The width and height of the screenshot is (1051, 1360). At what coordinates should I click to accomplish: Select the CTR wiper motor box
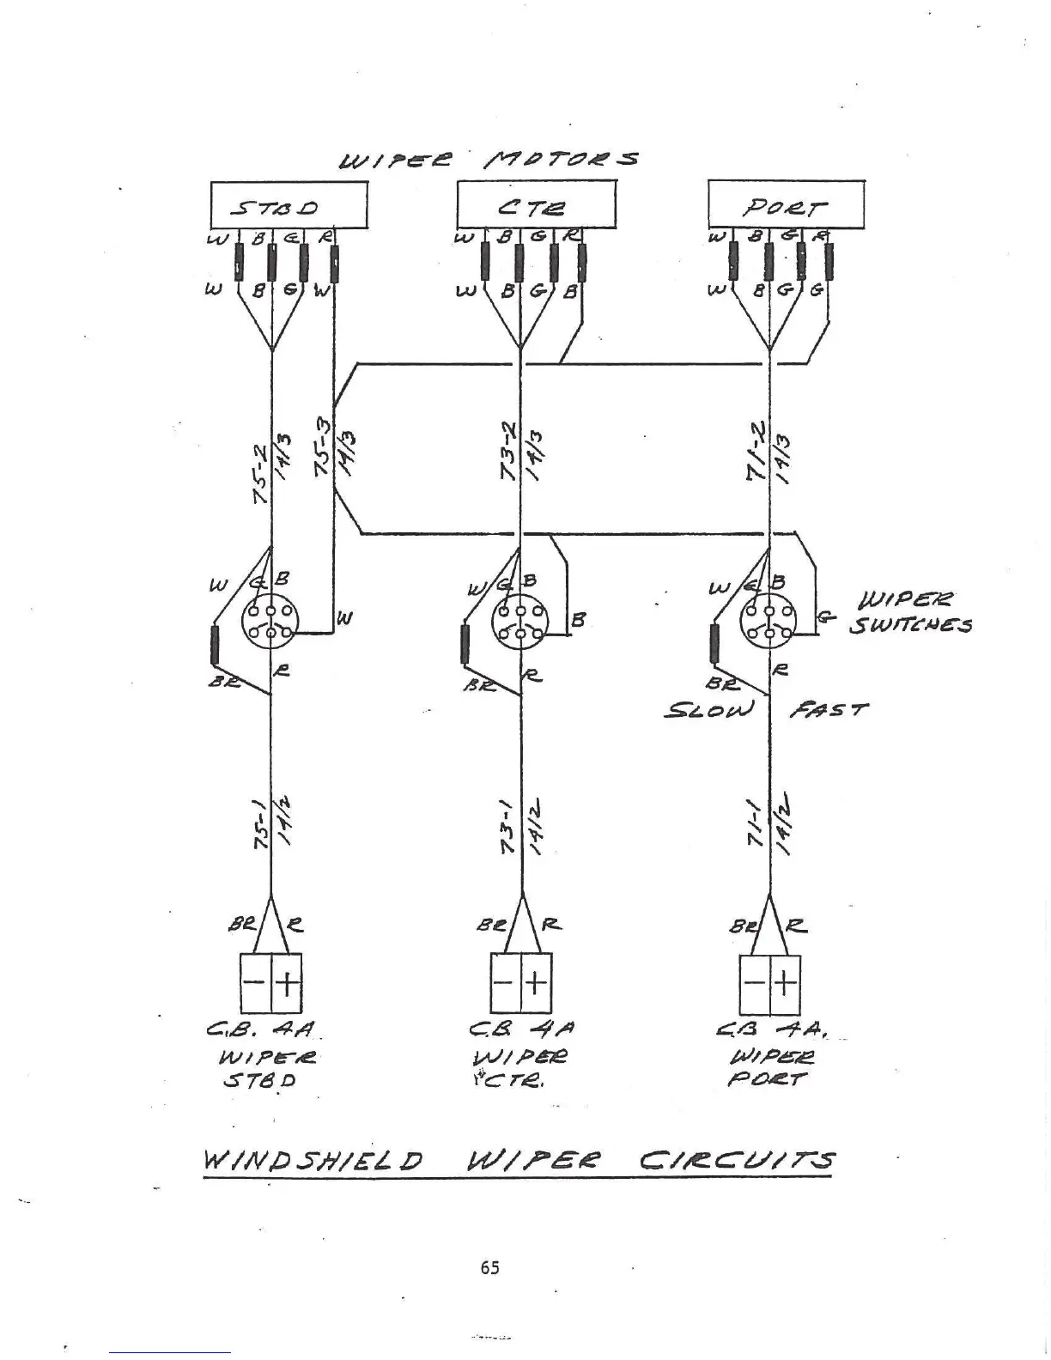(536, 204)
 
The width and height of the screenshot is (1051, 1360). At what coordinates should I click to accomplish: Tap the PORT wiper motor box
(786, 204)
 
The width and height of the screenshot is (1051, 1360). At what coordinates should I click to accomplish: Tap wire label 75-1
(261, 827)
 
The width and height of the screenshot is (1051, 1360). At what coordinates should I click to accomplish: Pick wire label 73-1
(508, 827)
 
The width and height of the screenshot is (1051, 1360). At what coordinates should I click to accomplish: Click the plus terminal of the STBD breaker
(287, 982)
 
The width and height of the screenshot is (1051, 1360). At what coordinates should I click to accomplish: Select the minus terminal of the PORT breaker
(755, 982)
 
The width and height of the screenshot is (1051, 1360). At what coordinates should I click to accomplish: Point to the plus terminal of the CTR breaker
(535, 982)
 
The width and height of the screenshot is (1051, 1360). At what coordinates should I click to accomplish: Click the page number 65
(490, 1267)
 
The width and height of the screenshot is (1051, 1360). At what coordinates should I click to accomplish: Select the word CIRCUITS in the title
(737, 1162)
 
